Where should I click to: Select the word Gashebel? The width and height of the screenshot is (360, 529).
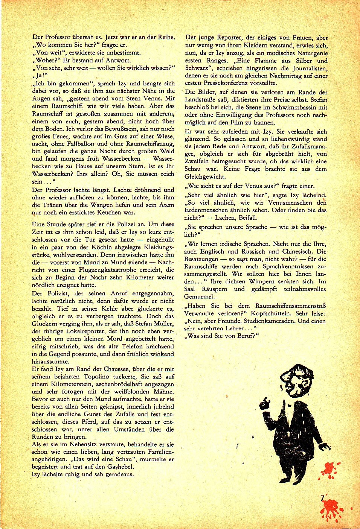tap(121, 467)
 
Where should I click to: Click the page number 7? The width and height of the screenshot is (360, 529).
tap(322, 499)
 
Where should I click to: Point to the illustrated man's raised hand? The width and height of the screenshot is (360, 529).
tap(265, 403)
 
